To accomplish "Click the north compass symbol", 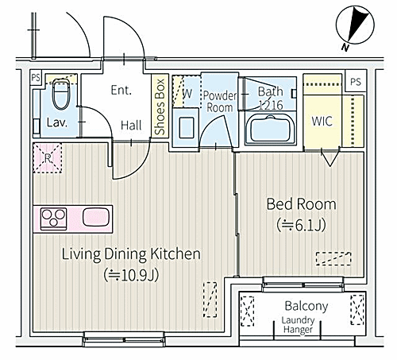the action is [355, 25].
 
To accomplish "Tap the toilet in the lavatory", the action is [61, 94].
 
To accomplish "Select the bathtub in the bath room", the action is [270, 129].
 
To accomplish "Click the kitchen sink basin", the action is [96, 217].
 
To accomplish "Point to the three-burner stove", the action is [53, 219].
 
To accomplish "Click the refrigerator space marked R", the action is [48, 158].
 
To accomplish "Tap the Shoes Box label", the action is [160, 106].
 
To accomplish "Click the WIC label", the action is [322, 122].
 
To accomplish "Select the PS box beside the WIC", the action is [356, 81].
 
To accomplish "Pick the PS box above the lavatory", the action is [36, 78].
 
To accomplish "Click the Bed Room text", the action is [301, 204].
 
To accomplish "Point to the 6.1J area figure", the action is [301, 226].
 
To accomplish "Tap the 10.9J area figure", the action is [131, 275].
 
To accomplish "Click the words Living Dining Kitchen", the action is [131, 254].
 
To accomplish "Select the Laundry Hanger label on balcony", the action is [298, 325].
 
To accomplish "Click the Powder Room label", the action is [220, 102].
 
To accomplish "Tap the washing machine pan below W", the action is [186, 127].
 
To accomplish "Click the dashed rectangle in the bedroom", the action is [333, 258].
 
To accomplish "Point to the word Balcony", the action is [306, 306].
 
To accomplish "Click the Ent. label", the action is [121, 90].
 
